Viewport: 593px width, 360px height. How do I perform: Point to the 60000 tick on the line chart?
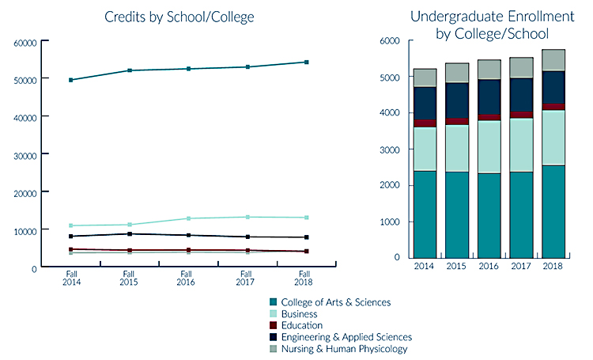tap(28, 42)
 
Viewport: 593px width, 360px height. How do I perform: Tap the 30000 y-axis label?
tap(28, 155)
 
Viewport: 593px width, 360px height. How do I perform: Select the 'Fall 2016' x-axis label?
tap(187, 278)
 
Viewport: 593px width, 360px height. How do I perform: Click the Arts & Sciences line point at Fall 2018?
tap(306, 62)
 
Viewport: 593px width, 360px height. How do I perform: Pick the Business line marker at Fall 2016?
tap(188, 218)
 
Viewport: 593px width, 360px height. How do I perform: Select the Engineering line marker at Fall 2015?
tap(129, 233)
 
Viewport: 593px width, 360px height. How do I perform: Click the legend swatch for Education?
tap(273, 325)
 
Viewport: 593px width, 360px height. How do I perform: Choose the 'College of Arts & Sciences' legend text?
tap(335, 302)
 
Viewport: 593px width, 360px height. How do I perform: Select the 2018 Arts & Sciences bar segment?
tap(553, 211)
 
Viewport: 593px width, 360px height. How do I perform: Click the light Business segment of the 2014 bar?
tap(425, 149)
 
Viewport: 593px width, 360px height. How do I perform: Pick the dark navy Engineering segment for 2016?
tap(489, 97)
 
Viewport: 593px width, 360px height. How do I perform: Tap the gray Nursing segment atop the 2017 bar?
tap(521, 67)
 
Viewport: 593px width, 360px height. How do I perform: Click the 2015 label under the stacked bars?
tap(457, 267)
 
